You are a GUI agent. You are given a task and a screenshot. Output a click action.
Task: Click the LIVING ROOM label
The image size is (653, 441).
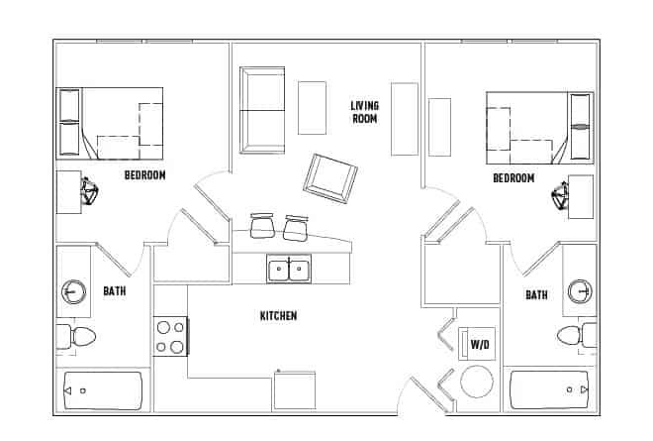pos(366,112)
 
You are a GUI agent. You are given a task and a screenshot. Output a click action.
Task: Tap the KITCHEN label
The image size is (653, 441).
pos(278,316)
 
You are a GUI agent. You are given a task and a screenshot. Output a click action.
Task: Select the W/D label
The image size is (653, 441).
pos(480,344)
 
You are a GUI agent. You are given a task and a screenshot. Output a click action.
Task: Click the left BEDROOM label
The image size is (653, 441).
pos(144,175)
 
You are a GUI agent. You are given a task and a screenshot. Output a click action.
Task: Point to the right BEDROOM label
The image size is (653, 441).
pos(513,178)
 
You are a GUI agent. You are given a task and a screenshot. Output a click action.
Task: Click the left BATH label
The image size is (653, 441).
pos(114,291)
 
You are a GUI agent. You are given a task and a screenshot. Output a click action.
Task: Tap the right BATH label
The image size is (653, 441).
pos(536,295)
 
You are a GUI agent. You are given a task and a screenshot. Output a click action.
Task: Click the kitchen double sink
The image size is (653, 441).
pos(289,269)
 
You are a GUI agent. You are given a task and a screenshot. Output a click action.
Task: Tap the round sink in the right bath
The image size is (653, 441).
pos(580,292)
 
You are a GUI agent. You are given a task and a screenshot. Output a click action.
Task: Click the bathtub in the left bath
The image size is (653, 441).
pos(104,390)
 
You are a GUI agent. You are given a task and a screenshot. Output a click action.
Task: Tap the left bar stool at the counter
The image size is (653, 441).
pos(262,227)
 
